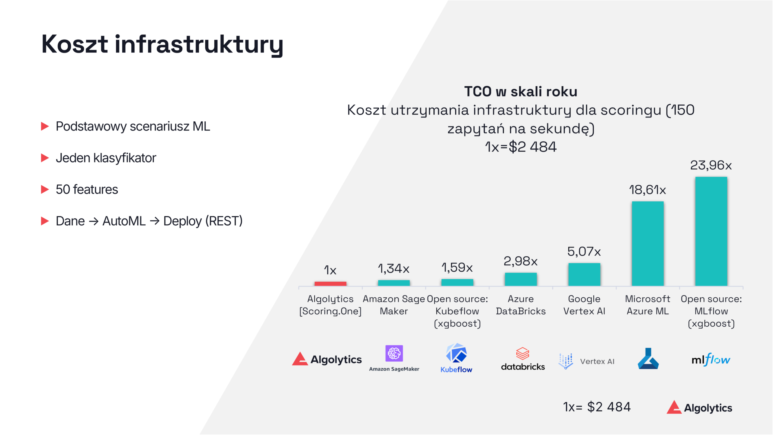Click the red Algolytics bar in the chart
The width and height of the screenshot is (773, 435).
pos(330,283)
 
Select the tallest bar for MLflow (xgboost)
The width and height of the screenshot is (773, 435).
pos(711,231)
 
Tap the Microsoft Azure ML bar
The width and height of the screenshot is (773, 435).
pos(648,243)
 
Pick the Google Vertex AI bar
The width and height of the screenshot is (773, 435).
pos(584,274)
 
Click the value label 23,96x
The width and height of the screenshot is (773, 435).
pos(711,165)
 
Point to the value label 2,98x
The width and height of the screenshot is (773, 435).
pos(521,261)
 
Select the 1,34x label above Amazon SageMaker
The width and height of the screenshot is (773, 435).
pos(393,268)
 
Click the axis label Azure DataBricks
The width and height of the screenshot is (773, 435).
pos(521,305)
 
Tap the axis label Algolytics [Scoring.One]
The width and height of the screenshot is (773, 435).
pos(330,305)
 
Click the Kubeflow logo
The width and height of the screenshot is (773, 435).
pos(456,358)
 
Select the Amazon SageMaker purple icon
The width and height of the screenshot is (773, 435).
pos(394,353)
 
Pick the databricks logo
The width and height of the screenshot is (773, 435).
pos(523,359)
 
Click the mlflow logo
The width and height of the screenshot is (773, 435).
pos(711,360)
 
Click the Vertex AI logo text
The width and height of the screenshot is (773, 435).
pos(597,361)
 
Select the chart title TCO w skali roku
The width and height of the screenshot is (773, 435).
pos(521,91)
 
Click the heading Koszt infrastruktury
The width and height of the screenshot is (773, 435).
pos(162,44)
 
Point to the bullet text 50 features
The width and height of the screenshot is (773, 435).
pos(87,190)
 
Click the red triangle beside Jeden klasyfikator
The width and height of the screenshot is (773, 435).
pos(45,158)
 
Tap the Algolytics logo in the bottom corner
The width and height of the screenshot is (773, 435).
pos(699,408)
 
